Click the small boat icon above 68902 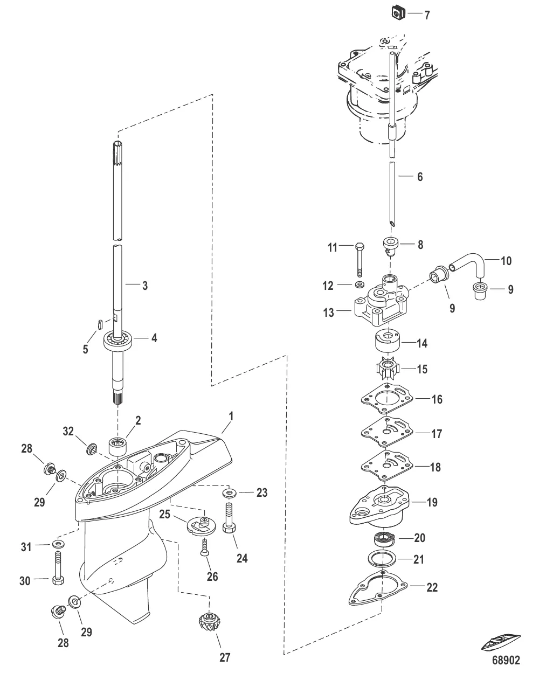click(501, 643)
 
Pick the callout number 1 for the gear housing click(232, 416)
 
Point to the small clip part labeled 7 click(398, 10)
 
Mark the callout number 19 click(432, 503)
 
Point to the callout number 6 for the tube click(420, 177)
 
